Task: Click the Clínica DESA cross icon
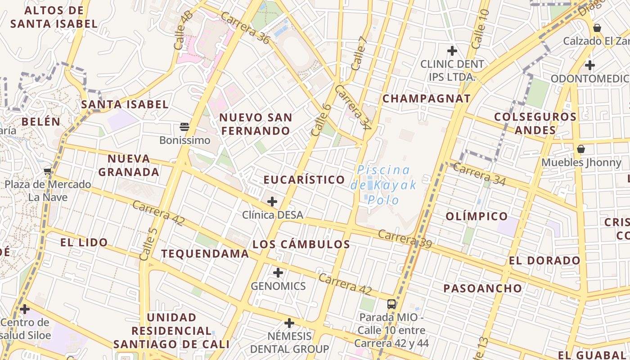click(x=272, y=202)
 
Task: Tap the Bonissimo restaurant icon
click(x=184, y=126)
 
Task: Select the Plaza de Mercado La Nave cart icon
click(x=48, y=171)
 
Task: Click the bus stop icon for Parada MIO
click(x=391, y=304)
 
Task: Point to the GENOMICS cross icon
click(x=278, y=272)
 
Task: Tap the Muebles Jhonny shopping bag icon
click(x=581, y=148)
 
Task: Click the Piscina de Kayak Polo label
click(x=383, y=184)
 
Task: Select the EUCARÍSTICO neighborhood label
click(x=304, y=180)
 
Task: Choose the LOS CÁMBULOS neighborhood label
click(x=301, y=244)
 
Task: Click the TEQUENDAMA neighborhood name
click(x=205, y=253)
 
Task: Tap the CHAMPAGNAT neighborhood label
click(x=427, y=99)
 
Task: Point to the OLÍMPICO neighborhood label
click(x=477, y=216)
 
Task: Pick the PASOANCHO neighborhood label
click(x=483, y=288)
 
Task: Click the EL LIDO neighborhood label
click(x=84, y=243)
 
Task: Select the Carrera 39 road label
click(x=405, y=239)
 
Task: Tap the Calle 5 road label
click(x=148, y=244)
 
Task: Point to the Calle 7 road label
click(x=359, y=53)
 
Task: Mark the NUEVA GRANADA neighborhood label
click(x=129, y=165)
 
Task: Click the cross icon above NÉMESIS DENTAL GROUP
click(x=289, y=323)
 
